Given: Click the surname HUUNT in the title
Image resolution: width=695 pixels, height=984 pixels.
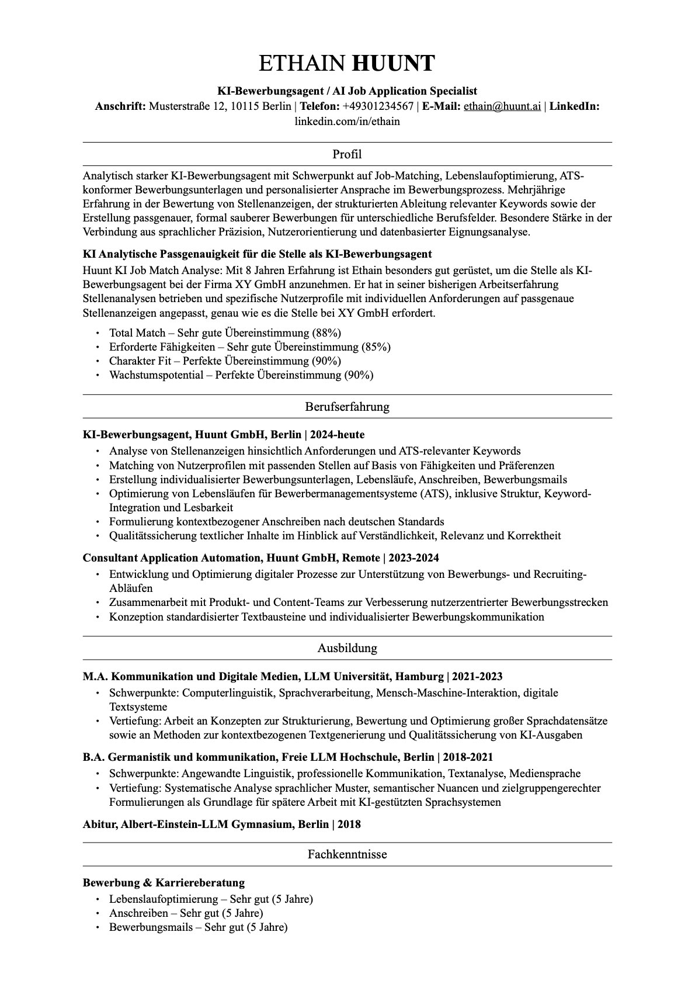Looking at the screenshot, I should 393,63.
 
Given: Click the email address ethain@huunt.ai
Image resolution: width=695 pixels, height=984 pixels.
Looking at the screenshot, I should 502,106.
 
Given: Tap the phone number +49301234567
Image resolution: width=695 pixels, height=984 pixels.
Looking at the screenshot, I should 378,106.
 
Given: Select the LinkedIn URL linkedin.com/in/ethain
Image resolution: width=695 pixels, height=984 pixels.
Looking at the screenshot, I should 347,122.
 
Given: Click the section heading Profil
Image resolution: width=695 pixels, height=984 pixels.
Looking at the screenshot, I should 347,154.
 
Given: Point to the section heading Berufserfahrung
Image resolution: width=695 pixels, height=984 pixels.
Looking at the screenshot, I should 347,407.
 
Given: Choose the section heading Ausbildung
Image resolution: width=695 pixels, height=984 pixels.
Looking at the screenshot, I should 347,648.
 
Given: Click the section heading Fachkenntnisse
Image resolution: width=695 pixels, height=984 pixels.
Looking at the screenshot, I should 347,854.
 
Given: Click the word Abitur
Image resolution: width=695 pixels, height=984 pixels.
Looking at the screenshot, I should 99,824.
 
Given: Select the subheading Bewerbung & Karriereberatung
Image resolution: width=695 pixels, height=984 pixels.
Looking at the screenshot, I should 164,882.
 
